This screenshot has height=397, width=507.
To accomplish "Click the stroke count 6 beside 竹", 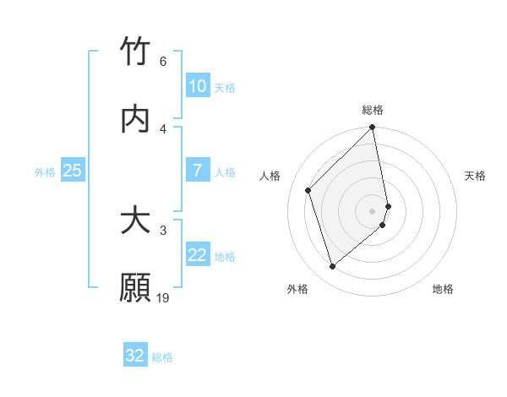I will pyautogui.click(x=162, y=61).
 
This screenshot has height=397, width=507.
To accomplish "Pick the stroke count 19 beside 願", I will pyautogui.click(x=163, y=297).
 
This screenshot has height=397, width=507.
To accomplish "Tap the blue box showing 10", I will pyautogui.click(x=197, y=86).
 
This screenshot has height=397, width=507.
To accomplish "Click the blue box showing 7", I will pyautogui.click(x=197, y=171).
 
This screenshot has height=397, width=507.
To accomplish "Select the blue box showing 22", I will pyautogui.click(x=197, y=255).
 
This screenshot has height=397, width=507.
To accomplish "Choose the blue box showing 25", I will pyautogui.click(x=73, y=171).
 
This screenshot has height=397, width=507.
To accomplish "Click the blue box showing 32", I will pyautogui.click(x=135, y=356).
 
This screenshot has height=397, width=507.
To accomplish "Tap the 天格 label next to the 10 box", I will pyautogui.click(x=225, y=87).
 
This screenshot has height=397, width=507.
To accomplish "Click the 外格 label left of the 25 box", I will pyautogui.click(x=45, y=171).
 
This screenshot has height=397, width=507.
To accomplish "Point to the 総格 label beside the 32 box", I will pyautogui.click(x=162, y=356).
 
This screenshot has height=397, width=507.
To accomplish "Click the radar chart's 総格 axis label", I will pyautogui.click(x=373, y=110).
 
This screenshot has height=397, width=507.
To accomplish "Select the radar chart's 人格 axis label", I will pyautogui.click(x=270, y=176).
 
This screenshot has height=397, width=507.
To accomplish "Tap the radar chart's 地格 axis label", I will pyautogui.click(x=443, y=289).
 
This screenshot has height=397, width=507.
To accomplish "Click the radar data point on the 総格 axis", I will pyautogui.click(x=373, y=128).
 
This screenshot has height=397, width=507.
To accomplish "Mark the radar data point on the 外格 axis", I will pyautogui.click(x=332, y=267).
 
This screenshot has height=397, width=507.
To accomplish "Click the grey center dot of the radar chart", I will pyautogui.click(x=373, y=210).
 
